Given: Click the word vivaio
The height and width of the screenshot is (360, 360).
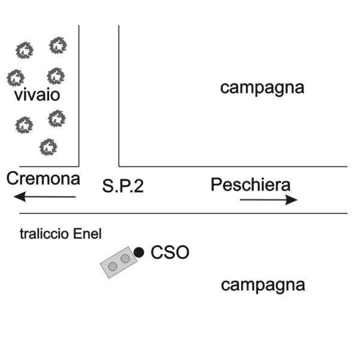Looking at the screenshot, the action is (37, 95).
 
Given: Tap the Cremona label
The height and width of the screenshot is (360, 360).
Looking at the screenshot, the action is (43, 179).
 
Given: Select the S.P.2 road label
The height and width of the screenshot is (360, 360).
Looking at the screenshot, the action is (123, 186).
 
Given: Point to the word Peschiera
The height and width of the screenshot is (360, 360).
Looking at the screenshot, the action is (250, 185).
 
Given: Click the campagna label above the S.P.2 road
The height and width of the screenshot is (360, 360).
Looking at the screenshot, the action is (262, 88).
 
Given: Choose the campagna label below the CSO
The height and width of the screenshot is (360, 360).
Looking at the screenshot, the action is (263, 286).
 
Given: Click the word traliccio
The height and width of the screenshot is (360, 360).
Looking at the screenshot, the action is (44, 234).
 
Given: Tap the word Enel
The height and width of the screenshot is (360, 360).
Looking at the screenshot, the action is (87, 234).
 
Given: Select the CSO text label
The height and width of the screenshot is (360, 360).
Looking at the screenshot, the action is (170, 253).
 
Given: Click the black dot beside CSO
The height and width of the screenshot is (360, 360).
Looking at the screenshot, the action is (139, 253).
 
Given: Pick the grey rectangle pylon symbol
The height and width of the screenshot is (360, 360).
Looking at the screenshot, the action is (119, 262).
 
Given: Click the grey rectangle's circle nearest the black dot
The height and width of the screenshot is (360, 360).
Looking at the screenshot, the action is (125, 259).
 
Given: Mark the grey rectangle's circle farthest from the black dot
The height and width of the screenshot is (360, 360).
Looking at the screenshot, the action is (113, 266).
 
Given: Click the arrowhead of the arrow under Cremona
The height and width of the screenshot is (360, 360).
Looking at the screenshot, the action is (20, 197).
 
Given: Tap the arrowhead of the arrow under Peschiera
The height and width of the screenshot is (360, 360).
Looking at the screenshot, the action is (292, 200).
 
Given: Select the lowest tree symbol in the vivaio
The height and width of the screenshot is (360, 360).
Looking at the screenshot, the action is (48, 147).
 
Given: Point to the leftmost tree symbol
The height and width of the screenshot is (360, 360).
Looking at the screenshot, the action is (16, 78).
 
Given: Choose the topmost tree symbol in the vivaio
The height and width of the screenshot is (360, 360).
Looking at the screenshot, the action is (58, 46).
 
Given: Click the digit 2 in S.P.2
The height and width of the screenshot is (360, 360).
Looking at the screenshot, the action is (139, 186).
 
